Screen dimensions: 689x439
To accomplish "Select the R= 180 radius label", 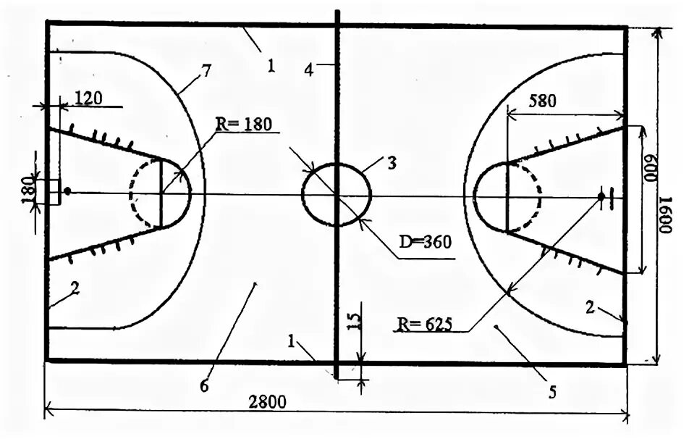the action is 243,124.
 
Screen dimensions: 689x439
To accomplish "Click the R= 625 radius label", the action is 423,322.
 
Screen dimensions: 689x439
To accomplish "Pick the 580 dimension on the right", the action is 542,101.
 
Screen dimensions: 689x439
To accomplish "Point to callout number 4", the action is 309,70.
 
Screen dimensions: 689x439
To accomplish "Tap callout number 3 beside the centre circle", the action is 392,162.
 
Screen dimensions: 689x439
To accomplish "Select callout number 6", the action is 205,386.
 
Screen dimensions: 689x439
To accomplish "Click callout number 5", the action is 552,392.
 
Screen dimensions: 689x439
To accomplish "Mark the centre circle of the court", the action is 336,195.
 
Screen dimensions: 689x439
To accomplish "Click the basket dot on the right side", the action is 601,196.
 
